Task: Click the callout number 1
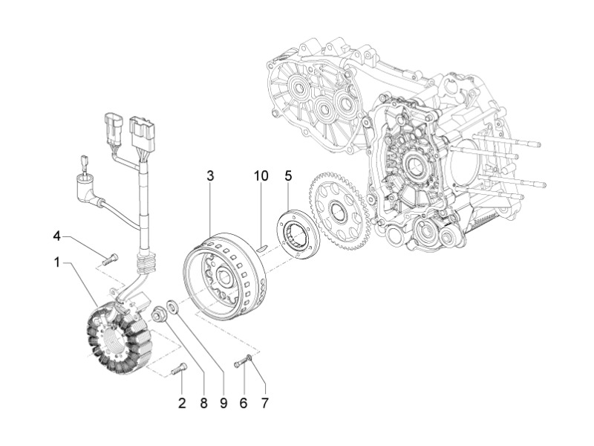point(57,262)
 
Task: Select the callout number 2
point(182,403)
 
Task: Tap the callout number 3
point(210,176)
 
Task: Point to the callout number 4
point(57,236)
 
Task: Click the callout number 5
point(289,176)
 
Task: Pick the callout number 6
point(244,403)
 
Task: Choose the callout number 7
point(264,403)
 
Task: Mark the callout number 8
point(203,403)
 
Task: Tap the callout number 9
point(223,403)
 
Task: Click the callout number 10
point(261,176)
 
